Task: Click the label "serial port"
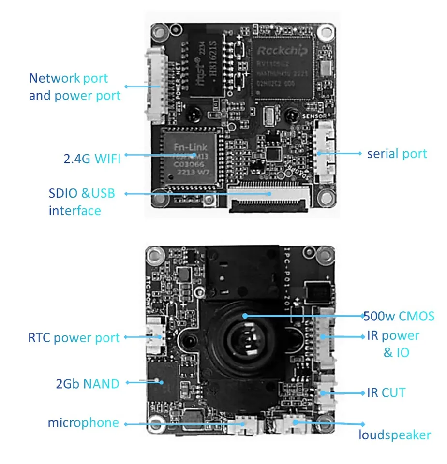pyautogui.click(x=397, y=154)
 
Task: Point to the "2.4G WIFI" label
pyautogui.click(x=91, y=158)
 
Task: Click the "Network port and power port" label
pyautogui.click(x=74, y=87)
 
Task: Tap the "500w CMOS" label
pyautogui.click(x=399, y=316)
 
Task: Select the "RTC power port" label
pyautogui.click(x=74, y=338)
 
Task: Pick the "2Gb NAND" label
pyautogui.click(x=87, y=384)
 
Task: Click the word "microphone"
pyautogui.click(x=83, y=423)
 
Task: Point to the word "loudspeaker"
pyautogui.click(x=394, y=435)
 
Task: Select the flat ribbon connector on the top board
pyautogui.click(x=268, y=199)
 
